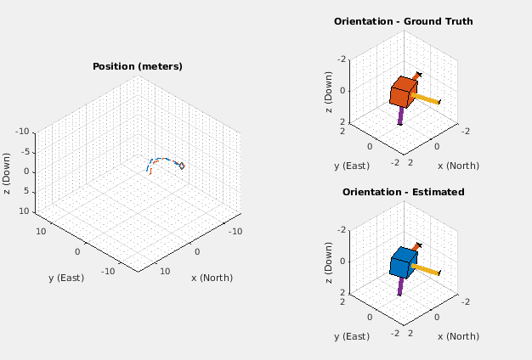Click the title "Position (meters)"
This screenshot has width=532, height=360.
pyautogui.click(x=138, y=66)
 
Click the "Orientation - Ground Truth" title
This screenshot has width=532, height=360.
pyautogui.click(x=403, y=21)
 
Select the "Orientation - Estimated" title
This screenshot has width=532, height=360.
pyautogui.click(x=403, y=192)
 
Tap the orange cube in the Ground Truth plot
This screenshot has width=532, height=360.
pyautogui.click(x=403, y=92)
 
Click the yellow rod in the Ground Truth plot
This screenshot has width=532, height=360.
pyautogui.click(x=427, y=99)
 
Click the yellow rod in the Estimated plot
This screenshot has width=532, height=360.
pyautogui.click(x=427, y=270)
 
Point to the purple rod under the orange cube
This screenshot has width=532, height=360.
pyautogui.click(x=399, y=115)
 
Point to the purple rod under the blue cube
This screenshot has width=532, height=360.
pyautogui.click(x=399, y=286)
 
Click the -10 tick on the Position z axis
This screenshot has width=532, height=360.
pyautogui.click(x=23, y=132)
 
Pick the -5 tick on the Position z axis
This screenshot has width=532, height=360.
pyautogui.click(x=26, y=152)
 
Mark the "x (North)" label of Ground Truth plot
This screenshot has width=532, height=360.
pyautogui.click(x=457, y=166)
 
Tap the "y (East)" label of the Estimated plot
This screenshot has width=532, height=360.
pyautogui.click(x=351, y=336)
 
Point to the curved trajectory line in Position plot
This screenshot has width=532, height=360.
pyautogui.click(x=166, y=159)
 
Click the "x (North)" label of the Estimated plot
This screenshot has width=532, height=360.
pyautogui.click(x=457, y=336)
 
